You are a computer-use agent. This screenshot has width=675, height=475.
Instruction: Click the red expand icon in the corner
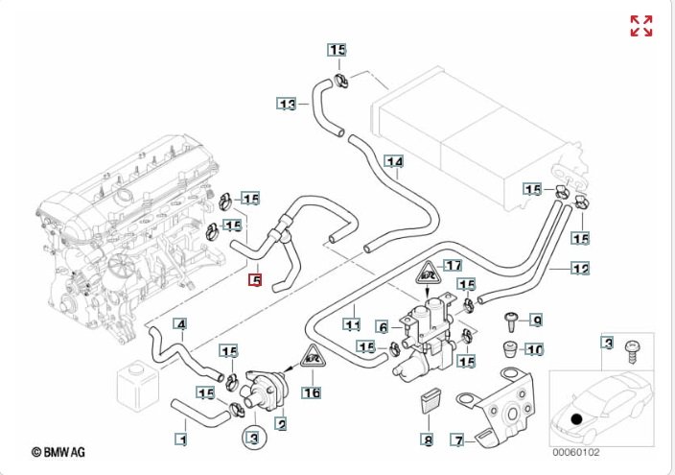(x=640, y=26)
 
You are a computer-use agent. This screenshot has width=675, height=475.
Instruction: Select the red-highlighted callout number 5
(x=255, y=280)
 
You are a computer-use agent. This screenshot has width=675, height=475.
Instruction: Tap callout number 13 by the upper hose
(x=287, y=104)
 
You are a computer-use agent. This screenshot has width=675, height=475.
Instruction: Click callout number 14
(x=393, y=161)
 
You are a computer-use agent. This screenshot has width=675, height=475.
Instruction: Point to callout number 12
(x=580, y=269)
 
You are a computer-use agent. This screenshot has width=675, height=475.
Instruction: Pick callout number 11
(x=353, y=310)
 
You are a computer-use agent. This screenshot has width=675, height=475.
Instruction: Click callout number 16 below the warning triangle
(x=311, y=392)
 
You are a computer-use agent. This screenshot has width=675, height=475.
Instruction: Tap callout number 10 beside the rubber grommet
(x=536, y=348)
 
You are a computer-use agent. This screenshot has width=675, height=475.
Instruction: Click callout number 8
(x=428, y=440)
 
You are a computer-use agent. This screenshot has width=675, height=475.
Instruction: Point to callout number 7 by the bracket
(x=458, y=440)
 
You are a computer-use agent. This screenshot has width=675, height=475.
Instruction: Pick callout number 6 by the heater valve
(x=382, y=327)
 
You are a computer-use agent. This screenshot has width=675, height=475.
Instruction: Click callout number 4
(x=180, y=323)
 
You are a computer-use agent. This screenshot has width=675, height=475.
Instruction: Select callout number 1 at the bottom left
(x=180, y=439)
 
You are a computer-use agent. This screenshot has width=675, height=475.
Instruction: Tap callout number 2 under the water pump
(x=282, y=420)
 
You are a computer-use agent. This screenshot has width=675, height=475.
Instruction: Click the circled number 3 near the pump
(x=252, y=439)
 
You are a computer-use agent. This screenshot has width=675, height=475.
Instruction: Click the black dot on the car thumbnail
(x=575, y=418)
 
